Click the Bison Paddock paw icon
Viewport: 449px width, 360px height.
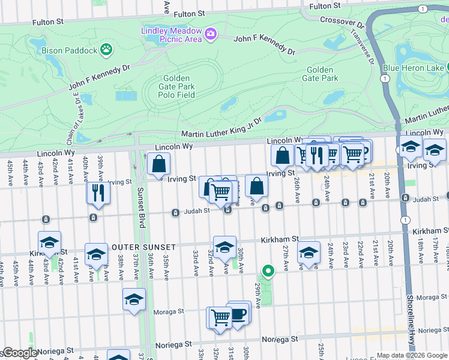coord(106,49)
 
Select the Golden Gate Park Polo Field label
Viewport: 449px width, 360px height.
coord(177,86)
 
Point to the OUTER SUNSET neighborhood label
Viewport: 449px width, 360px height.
coord(142,247)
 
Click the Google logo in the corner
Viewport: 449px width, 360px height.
coord(20,353)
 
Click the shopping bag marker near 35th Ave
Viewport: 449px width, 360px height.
coord(158,164)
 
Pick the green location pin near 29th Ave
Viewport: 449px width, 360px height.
coord(269,271)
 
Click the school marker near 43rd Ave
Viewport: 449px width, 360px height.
coord(49,242)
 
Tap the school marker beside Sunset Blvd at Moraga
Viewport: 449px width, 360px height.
coord(134,299)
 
